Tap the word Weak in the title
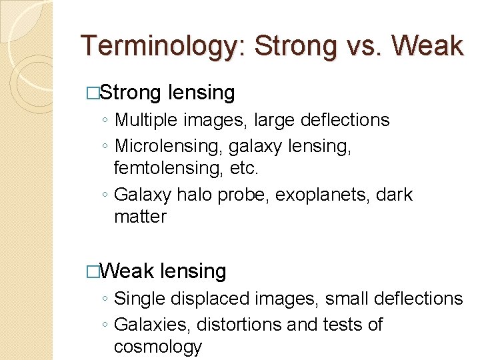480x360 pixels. pos(427,46)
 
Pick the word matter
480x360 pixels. pos(140,217)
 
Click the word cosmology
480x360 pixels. pos(157,347)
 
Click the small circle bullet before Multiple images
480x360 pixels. pos(105,121)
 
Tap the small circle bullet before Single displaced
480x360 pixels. pos(105,299)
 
